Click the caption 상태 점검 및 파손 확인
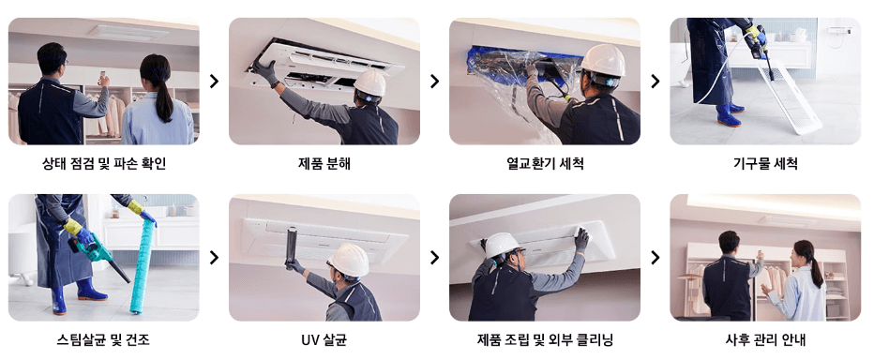pos(104,164)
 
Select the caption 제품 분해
pos(324,164)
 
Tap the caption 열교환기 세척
pos(545,164)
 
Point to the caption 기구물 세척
pos(765,164)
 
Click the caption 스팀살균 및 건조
pos(104,339)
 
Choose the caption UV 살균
pos(324,339)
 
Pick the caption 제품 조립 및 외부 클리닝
pos(545,339)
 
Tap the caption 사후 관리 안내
pos(765,339)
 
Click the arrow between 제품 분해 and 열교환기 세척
pos(434,82)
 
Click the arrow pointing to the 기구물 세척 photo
pos(655,82)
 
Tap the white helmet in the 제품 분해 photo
pos(370,82)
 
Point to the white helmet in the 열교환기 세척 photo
pos(601,60)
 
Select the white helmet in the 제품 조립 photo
pos(503,246)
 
